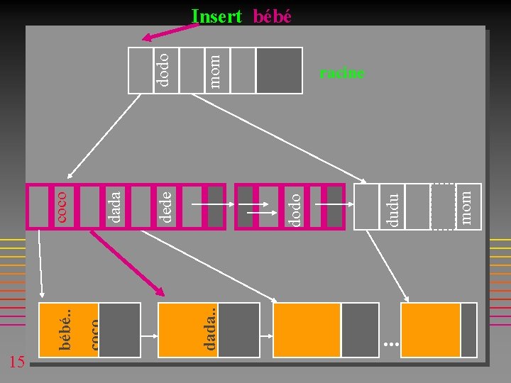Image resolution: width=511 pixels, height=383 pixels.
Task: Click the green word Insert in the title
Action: click(216, 16)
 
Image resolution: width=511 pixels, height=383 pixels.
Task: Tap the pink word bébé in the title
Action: click(272, 16)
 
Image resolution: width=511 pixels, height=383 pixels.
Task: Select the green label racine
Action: click(341, 73)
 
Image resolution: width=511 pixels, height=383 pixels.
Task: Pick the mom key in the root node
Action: click(215, 72)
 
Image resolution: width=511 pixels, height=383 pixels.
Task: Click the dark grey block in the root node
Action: click(280, 71)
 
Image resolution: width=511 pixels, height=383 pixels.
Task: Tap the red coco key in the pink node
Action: click(61, 207)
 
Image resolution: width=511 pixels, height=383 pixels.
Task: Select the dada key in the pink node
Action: click(114, 207)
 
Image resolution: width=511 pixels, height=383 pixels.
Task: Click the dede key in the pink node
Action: click(165, 207)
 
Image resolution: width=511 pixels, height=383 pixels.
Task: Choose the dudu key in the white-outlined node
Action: click(392, 210)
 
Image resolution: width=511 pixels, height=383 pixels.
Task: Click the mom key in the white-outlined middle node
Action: click(466, 208)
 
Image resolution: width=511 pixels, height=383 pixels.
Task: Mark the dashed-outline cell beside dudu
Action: click(443, 206)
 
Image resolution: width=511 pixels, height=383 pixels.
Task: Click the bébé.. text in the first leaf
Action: click(65, 330)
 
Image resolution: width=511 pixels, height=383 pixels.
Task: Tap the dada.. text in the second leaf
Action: click(209, 329)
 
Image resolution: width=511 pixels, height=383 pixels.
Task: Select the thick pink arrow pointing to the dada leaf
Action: click(127, 263)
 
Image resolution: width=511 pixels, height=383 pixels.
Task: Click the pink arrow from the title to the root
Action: click(170, 33)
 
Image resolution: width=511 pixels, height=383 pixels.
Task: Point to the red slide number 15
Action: click(17, 362)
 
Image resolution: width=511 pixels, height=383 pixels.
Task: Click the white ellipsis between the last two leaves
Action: click(391, 344)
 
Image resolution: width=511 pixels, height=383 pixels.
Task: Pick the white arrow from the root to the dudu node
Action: click(279, 138)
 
